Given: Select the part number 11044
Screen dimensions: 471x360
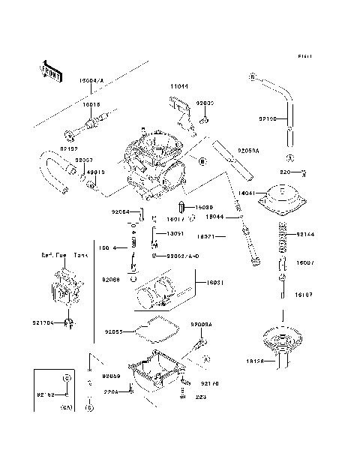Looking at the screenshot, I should click(x=178, y=87).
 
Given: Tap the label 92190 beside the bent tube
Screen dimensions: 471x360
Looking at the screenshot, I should click(x=266, y=118).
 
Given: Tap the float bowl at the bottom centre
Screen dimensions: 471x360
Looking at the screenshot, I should click(x=157, y=371).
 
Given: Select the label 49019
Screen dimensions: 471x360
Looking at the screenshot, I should click(x=96, y=172).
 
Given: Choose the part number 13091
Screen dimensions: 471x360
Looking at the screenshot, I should click(x=174, y=233).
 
